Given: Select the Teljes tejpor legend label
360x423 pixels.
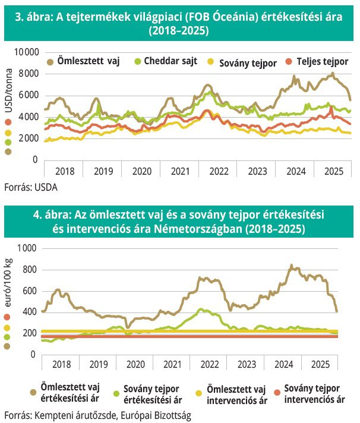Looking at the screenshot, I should [323, 61].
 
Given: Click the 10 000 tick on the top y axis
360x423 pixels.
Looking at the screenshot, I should [26, 52].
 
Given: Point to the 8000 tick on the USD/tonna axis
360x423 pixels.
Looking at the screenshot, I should [28, 74].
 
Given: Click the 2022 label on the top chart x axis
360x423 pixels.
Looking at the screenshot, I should [219, 171].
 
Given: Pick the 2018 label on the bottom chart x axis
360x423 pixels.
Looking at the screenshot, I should [62, 364].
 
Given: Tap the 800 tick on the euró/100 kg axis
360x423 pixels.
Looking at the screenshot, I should [30, 270].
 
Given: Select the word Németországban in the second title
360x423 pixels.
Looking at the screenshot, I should [235, 229].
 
